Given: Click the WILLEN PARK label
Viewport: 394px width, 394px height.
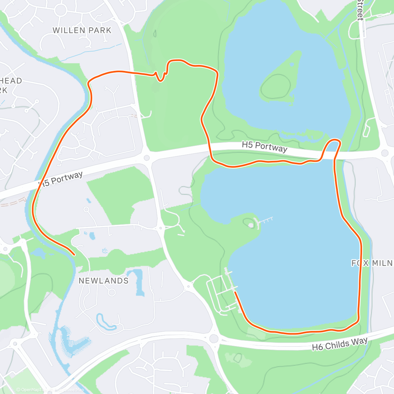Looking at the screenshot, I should point(82,31).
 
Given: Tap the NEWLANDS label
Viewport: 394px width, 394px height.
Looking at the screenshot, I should point(103,281).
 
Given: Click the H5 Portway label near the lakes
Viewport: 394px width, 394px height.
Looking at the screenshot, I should point(264,146).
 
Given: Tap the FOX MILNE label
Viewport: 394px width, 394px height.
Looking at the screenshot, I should point(372,263).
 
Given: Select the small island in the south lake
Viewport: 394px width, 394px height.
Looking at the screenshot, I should point(251,224).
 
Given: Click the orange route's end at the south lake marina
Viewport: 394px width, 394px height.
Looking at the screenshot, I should point(235,292).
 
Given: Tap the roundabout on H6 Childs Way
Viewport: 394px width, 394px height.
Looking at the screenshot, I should point(214,338).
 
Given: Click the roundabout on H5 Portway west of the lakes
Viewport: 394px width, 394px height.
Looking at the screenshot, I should point(147,158).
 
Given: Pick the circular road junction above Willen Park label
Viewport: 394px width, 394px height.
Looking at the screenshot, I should point(61,10).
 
